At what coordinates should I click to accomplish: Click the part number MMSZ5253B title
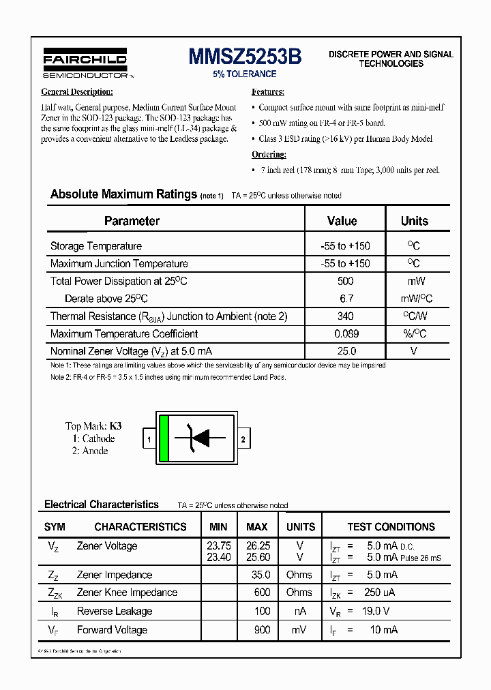[x=245, y=57]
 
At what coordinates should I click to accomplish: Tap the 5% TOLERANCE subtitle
[x=245, y=74]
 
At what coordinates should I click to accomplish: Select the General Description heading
[x=77, y=92]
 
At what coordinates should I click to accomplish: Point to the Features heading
[x=268, y=92]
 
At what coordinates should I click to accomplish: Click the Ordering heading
[x=269, y=155]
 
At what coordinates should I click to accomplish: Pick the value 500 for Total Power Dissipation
[x=345, y=281]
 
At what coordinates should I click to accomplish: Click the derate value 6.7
[x=346, y=299]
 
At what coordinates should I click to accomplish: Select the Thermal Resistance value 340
[x=345, y=316]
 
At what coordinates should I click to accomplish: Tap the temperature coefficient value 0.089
[x=345, y=334]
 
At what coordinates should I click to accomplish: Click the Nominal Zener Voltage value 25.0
[x=346, y=351]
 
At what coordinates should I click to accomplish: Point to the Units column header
[x=415, y=221]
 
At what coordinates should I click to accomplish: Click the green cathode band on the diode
[x=164, y=438]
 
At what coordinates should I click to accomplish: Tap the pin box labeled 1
[x=149, y=440]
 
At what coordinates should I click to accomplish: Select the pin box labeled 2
[x=243, y=440]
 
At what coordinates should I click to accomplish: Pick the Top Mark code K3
[x=115, y=425]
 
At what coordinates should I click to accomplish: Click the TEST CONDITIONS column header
[x=391, y=527]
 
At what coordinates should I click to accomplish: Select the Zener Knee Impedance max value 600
[x=262, y=592]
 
